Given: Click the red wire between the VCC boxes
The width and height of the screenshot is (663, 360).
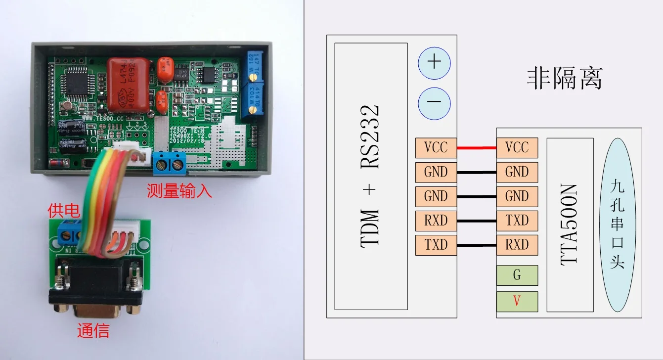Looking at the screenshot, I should (477, 147).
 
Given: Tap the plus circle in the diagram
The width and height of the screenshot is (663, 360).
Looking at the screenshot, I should (434, 62).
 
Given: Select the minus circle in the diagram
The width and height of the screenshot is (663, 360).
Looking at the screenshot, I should (434, 103).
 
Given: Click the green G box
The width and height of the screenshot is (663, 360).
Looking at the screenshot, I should (517, 275).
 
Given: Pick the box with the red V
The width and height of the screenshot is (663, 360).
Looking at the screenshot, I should (517, 301).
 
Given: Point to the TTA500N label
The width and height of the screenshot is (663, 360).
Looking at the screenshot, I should (570, 225).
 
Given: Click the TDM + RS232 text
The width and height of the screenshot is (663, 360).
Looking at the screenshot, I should (370, 177).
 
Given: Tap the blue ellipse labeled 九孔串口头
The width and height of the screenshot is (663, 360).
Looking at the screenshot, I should (617, 225).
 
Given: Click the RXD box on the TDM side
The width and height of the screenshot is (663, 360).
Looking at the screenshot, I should (436, 221).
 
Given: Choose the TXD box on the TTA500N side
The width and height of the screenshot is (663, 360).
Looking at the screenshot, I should (517, 221).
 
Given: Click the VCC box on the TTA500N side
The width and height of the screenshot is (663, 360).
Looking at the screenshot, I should (517, 147).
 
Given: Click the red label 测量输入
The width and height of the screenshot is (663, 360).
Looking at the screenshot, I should (179, 190).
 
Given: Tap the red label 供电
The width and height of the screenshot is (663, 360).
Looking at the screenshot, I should (63, 211).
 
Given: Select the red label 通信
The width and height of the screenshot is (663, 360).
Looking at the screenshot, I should (93, 330).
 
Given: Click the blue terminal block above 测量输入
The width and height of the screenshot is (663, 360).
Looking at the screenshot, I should (170, 163).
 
